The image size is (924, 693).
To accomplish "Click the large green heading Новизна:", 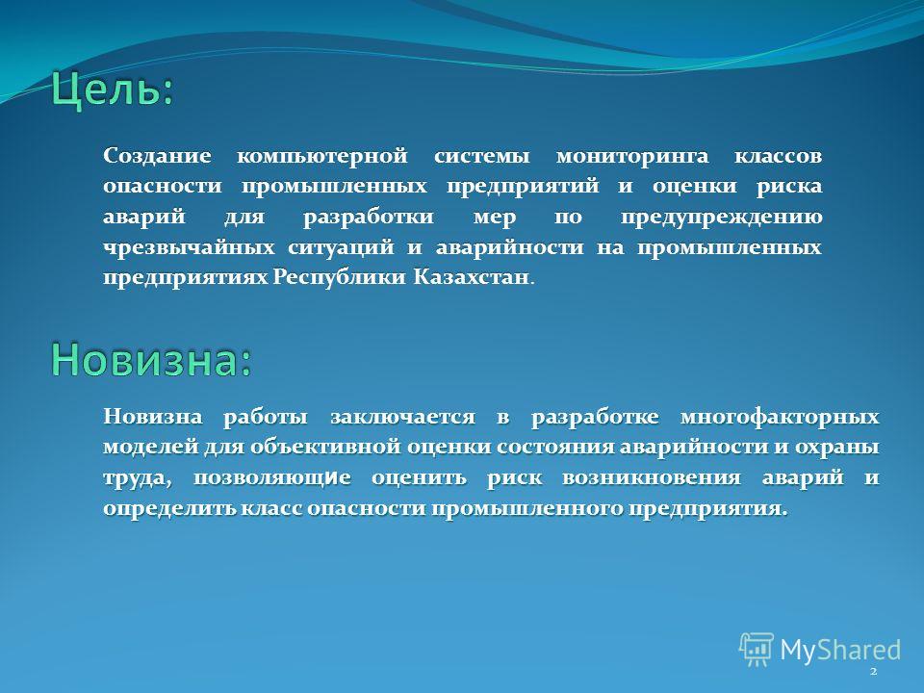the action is click(151, 359).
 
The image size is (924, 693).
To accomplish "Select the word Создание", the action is click(157, 156).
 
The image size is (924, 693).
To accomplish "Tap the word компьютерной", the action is click(322, 157).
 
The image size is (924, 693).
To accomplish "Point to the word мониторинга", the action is click(632, 157).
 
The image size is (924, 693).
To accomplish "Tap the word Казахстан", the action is click(471, 277).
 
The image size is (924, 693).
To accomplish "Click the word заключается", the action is click(402, 417).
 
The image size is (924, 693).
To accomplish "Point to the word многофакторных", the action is click(780, 417).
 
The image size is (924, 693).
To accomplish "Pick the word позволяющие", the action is click(272, 478).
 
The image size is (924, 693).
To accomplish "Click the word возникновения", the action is click(652, 478).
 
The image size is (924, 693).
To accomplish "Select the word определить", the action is click(171, 508).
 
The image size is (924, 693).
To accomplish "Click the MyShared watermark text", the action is click(840, 650).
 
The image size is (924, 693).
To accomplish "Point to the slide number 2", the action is click(873, 671).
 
